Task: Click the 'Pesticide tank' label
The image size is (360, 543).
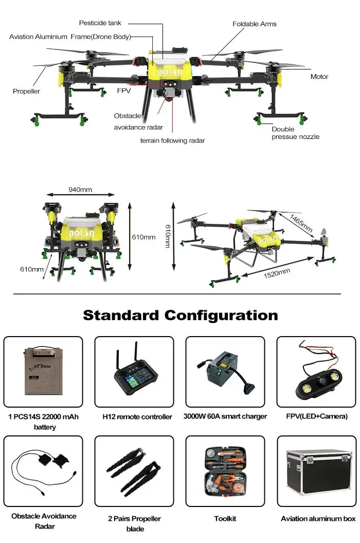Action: pos(100,23)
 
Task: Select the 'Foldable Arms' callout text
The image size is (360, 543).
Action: pos(254,24)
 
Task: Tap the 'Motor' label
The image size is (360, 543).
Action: pos(319,77)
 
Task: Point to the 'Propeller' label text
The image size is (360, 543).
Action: pos(26,92)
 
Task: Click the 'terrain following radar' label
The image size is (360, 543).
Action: pos(173,141)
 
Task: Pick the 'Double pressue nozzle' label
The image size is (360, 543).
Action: pos(295,133)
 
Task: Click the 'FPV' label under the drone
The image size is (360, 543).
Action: pos(123,91)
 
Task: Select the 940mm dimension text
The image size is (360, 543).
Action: pos(80,189)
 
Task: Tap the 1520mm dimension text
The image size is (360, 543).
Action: pos(277,272)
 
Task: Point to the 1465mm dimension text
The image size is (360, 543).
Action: pos(301,222)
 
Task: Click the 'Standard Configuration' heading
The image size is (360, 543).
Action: pos(180,315)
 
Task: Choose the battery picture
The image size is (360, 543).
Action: pos(43,372)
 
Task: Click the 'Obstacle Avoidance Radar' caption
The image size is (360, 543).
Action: pos(44,521)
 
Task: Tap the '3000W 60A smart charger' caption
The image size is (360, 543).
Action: pos(225,416)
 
